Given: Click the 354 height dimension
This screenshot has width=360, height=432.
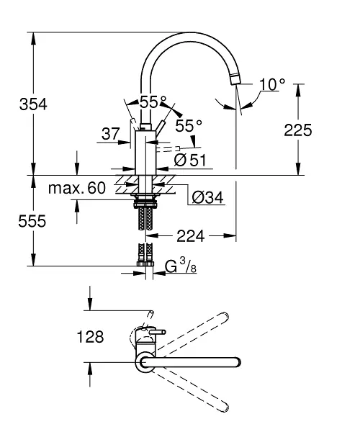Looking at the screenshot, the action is (x=33, y=104).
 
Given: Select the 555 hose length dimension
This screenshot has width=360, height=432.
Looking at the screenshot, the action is (x=32, y=221).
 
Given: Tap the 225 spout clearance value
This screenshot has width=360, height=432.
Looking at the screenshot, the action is (x=298, y=130).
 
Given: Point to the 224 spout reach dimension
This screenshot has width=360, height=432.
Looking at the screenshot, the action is (x=191, y=236).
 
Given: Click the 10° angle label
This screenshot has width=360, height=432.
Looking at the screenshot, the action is (x=272, y=84).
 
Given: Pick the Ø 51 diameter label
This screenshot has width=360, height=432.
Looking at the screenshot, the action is (x=190, y=160).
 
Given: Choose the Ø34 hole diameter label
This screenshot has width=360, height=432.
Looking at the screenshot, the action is (x=207, y=197).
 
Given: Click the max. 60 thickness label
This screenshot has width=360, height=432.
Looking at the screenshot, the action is (x=77, y=188).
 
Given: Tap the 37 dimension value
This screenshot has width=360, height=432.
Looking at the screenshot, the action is (x=111, y=134).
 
